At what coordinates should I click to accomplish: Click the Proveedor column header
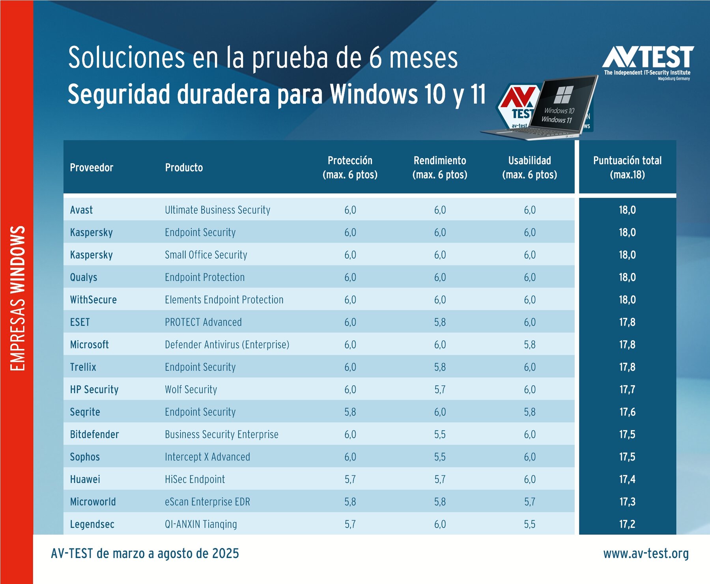click(x=92, y=168)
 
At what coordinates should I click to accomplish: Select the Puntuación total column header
click(x=627, y=167)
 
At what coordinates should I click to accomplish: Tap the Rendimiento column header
click(x=440, y=167)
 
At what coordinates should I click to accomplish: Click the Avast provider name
click(x=81, y=210)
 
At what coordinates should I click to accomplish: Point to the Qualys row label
click(x=84, y=277)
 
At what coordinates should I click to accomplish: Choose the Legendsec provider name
click(x=92, y=524)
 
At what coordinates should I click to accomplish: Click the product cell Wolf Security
click(x=191, y=390)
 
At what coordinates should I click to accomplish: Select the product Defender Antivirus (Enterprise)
click(x=227, y=345)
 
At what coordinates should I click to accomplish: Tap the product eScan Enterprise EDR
click(x=207, y=502)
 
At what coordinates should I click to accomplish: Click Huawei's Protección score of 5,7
click(x=350, y=479)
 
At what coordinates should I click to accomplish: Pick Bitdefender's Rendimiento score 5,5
click(x=440, y=434)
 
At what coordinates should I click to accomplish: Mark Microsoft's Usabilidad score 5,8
click(x=530, y=345)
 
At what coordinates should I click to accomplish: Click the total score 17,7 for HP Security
click(x=627, y=390)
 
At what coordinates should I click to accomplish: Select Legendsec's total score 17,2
click(x=627, y=524)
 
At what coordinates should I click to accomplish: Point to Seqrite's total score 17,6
click(x=627, y=412)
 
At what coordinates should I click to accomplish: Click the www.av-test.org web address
click(x=646, y=554)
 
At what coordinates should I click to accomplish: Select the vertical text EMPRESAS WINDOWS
click(x=17, y=298)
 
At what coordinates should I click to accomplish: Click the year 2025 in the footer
click(x=225, y=554)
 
